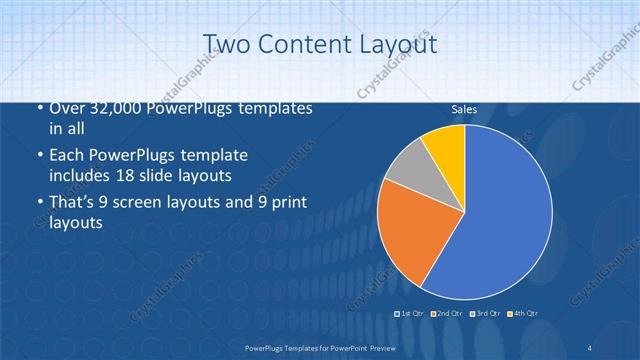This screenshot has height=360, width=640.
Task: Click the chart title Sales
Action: click(464, 109)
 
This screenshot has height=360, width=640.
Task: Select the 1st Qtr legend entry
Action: click(410, 314)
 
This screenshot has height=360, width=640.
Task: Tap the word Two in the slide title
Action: click(224, 43)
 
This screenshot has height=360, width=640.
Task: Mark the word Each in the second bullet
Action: click(68, 157)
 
